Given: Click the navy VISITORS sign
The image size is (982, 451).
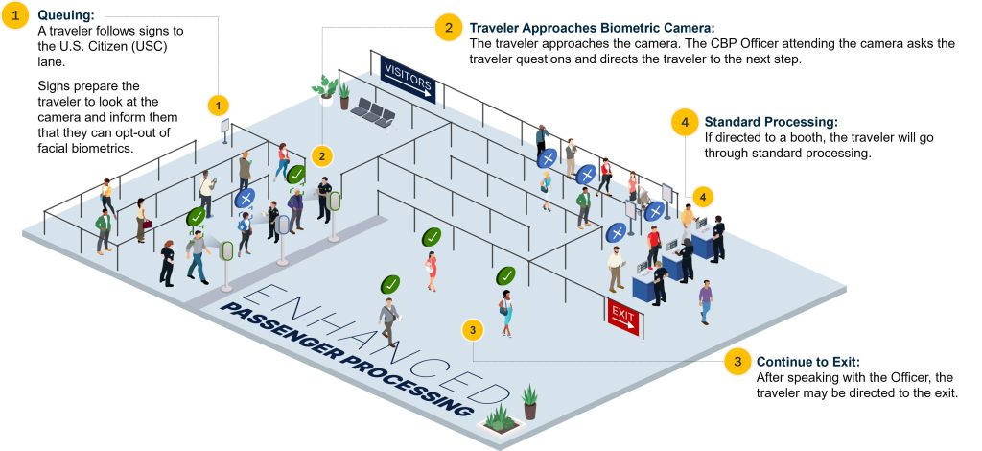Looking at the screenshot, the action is pos(408,80).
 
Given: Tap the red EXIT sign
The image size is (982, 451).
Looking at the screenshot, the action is pos(623,317).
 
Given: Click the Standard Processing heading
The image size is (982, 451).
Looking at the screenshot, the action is pos(771,122).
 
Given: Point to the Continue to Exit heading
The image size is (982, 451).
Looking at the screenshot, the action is pos(807,362).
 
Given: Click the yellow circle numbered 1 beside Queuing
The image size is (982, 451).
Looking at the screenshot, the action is pos(16,16).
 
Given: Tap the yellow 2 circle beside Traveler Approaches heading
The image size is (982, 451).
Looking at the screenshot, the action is pos(449,28).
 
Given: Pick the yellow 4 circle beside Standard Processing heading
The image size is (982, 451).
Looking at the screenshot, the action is pos(685,123).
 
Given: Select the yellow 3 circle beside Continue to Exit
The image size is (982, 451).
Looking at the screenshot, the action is pos(737,362).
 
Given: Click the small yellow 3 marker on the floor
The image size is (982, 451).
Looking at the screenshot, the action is pos(473,330).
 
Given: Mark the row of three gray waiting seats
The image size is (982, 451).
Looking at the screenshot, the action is pos(373,112).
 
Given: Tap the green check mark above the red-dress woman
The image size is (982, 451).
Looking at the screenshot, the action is pos(432,237).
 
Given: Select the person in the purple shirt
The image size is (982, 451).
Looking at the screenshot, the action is pos(706,301).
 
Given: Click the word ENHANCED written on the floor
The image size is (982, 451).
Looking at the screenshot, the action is pos(369,344).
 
